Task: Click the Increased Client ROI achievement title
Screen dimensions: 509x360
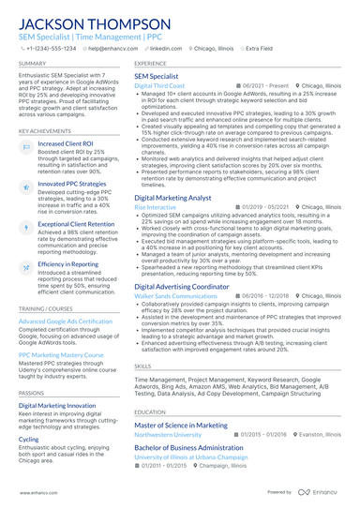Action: (x=65, y=143)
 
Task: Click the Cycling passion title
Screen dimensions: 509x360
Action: (x=29, y=439)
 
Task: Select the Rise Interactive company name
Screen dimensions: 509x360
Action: (x=155, y=206)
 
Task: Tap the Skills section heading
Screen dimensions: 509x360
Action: (x=142, y=367)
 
